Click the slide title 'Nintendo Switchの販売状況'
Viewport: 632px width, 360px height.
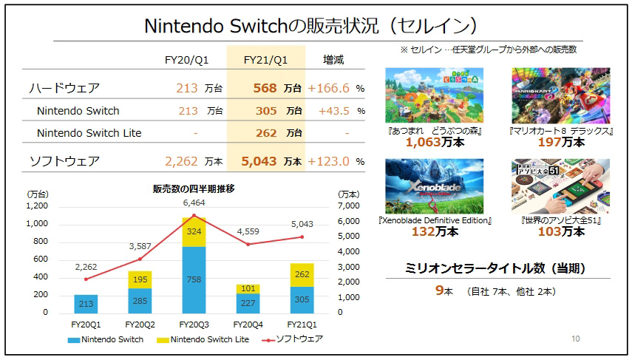[x=309, y=26]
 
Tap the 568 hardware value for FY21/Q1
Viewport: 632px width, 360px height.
[x=263, y=88]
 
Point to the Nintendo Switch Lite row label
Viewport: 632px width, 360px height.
[x=89, y=133]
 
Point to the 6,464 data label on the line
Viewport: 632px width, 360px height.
[x=194, y=202]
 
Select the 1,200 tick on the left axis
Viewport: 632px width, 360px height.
[x=37, y=206]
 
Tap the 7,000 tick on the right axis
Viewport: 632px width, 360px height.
[x=350, y=206]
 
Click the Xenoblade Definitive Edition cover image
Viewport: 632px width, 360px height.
[x=435, y=186]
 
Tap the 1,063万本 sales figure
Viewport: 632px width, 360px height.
[x=432, y=142]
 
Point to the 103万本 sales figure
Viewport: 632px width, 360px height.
[x=561, y=231]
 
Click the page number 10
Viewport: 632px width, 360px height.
[x=575, y=339]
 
